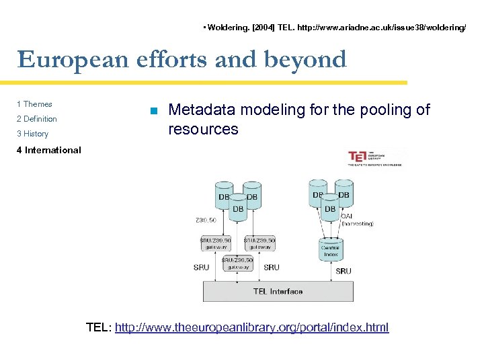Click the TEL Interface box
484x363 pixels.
click(x=278, y=291)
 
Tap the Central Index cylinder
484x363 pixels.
click(x=330, y=250)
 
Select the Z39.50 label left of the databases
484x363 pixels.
click(x=205, y=220)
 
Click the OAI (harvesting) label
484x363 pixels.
click(x=356, y=220)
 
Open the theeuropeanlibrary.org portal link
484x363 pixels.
click(x=251, y=328)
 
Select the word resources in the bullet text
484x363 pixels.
click(x=203, y=129)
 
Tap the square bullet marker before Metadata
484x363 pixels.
click(x=154, y=111)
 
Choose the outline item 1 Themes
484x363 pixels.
click(x=34, y=104)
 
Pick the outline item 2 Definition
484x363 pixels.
click(x=37, y=119)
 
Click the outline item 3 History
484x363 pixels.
click(x=32, y=134)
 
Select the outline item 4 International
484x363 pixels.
click(x=48, y=150)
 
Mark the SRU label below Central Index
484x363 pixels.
click(x=343, y=271)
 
